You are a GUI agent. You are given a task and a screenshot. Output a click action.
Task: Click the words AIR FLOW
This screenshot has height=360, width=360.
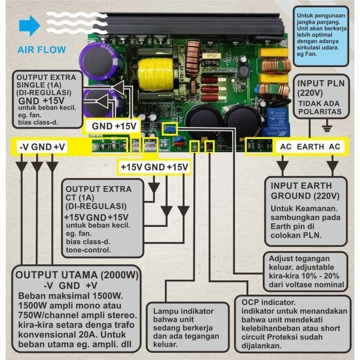pos(41,50)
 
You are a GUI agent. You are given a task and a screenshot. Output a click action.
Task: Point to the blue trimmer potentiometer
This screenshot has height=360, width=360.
pos(168,129)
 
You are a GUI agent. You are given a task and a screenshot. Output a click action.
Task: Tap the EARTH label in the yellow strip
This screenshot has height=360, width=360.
pos(310,147)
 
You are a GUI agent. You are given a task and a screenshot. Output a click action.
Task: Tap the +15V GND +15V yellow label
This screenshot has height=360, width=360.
pos(154,167)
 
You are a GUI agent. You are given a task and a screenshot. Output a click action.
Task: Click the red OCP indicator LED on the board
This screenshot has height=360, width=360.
pos(209,148)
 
